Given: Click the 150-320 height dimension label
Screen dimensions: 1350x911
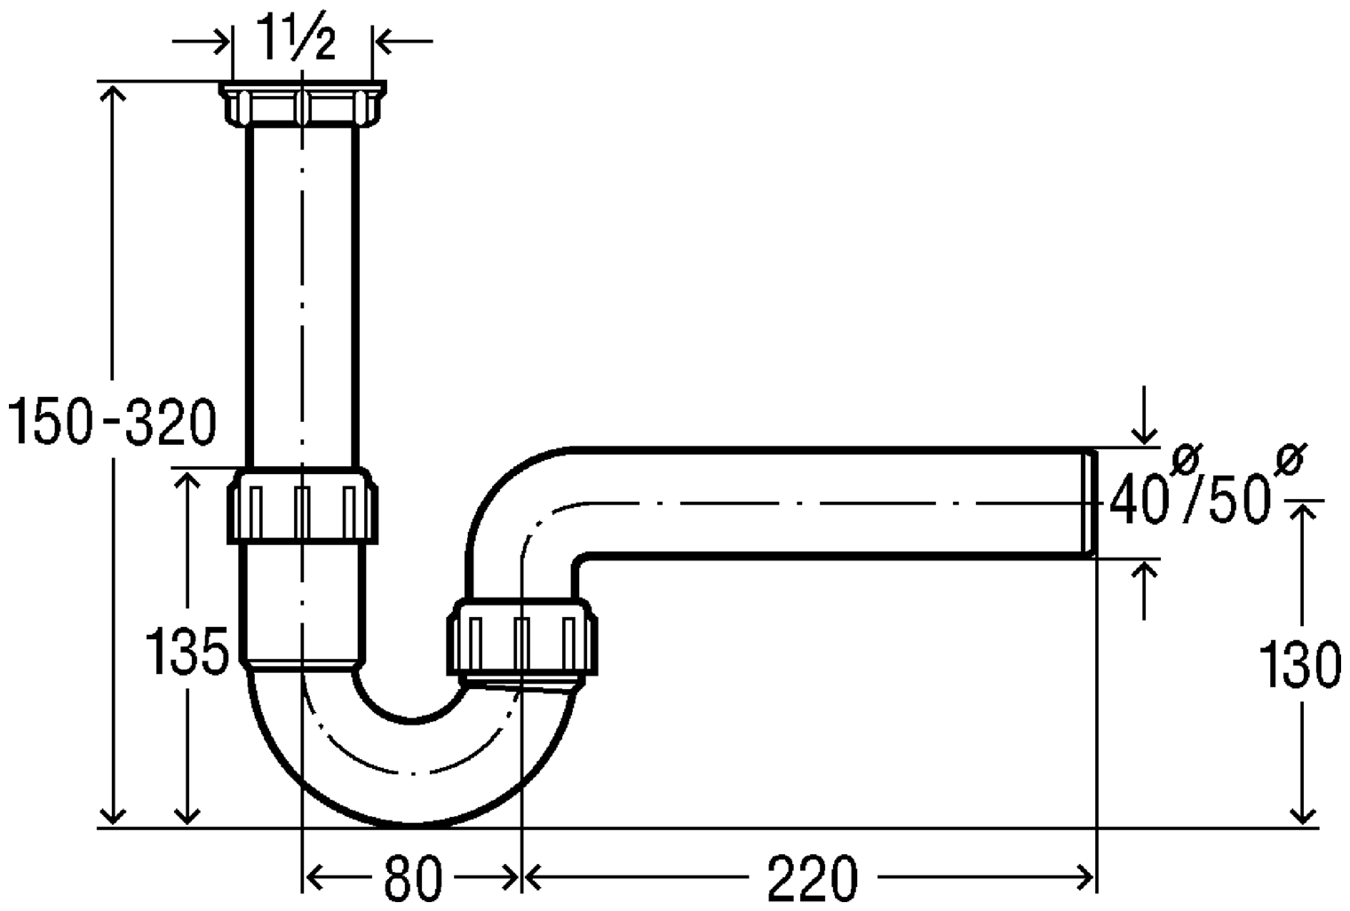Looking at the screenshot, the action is (x=112, y=421).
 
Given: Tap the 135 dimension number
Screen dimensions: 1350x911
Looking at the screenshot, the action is (x=187, y=651).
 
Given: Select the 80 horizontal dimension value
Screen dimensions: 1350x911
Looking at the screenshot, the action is (x=414, y=876).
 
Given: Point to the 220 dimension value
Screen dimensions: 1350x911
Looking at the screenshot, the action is (x=813, y=876).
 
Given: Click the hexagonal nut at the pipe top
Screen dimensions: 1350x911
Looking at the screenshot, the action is (x=302, y=104).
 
